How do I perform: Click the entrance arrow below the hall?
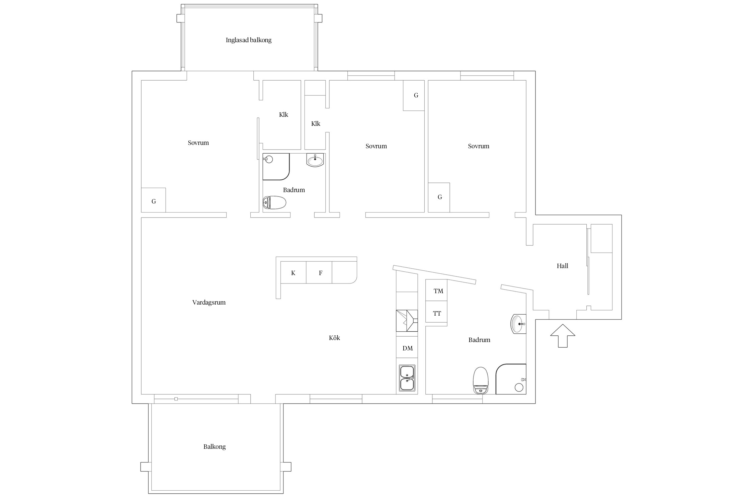[563, 336]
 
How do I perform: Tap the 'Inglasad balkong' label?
[249, 40]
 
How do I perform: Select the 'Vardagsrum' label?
[209, 303]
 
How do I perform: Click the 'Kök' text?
[334, 338]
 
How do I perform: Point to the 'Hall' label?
[563, 266]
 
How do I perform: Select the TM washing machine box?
[436, 290]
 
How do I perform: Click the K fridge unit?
[293, 272]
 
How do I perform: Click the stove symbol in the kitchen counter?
[407, 321]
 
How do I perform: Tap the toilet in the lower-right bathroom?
[481, 380]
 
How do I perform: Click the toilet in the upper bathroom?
[274, 202]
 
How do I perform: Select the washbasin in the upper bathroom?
[315, 160]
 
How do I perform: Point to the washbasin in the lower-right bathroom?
[518, 324]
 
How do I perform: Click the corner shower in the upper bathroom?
[276, 167]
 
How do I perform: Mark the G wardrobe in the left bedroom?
[154, 200]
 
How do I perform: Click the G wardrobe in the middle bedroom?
[414, 95]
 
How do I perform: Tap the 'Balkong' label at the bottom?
[215, 447]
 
